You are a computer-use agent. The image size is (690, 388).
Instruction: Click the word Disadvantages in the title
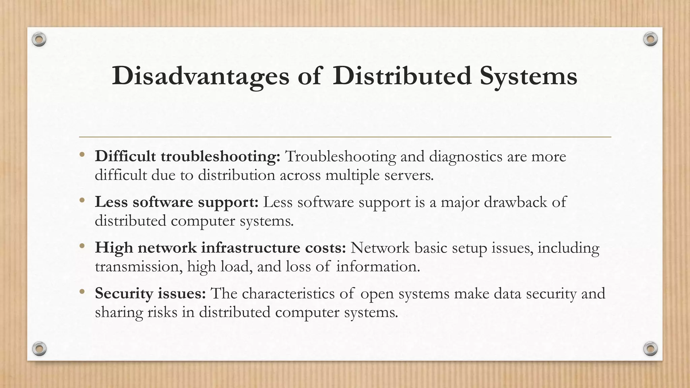(200, 76)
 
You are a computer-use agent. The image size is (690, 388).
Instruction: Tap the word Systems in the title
(528, 76)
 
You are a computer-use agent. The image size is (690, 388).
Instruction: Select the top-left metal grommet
(39, 40)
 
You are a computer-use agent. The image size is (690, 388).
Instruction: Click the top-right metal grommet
(650, 39)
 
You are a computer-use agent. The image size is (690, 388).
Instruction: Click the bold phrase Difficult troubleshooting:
(187, 157)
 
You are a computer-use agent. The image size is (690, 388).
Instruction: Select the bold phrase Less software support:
(177, 202)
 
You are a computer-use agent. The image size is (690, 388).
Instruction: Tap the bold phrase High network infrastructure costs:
(220, 248)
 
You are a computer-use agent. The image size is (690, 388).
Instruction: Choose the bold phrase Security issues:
(150, 293)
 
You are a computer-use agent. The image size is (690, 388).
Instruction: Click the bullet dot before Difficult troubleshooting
(82, 155)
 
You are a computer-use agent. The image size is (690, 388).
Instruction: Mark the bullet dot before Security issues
(82, 292)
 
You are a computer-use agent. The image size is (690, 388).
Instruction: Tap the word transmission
(138, 266)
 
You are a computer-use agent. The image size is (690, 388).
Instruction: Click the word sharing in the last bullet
(119, 312)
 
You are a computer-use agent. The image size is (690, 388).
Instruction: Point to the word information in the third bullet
(378, 266)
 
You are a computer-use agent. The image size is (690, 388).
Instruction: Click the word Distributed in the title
(402, 76)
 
